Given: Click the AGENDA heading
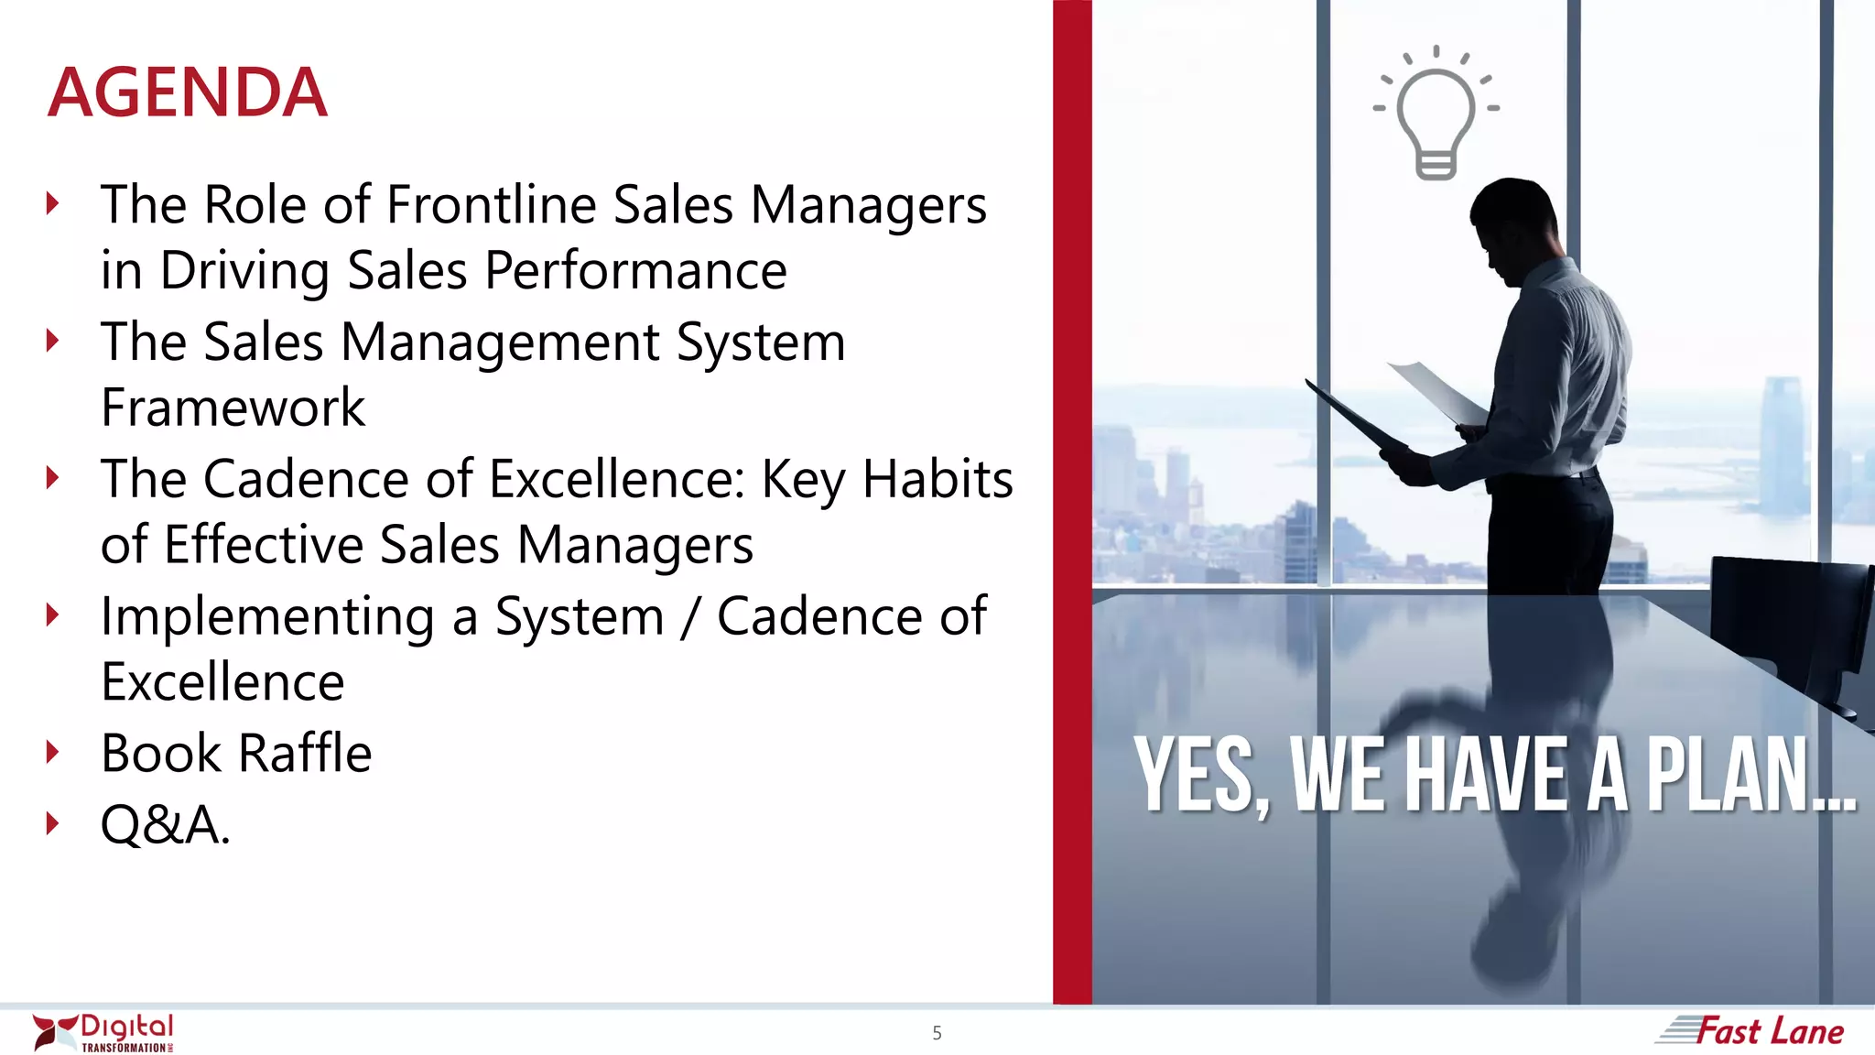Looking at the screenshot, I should coord(188,92).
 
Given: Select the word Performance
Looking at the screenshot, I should coord(635,271).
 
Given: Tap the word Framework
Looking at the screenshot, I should coord(233,408).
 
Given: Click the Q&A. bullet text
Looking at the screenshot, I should coord(165,824).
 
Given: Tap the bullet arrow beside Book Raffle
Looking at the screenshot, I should coord(53,753).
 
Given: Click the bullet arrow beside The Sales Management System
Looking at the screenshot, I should coord(53,341).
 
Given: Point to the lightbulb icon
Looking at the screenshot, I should coord(1436,114).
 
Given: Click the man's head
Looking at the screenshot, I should coord(1515,224).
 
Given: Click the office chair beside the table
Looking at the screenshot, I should coord(1785,623).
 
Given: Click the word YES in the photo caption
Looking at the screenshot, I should coord(1196,776).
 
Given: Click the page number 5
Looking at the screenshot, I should coord(937,1033).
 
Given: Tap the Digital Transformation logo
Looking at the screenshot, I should coord(103,1032).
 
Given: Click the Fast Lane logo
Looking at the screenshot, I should coord(1750,1031).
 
